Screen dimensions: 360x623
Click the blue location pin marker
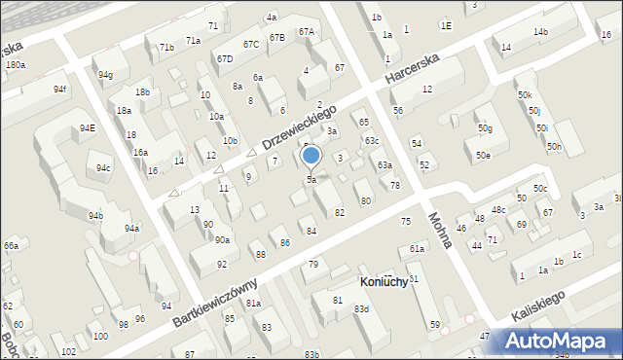click(x=311, y=156)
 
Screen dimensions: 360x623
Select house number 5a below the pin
click(x=311, y=180)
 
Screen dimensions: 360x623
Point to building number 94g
click(x=104, y=75)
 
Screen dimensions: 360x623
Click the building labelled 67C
click(x=251, y=44)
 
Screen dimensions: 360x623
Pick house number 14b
click(x=539, y=32)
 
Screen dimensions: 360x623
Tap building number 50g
click(x=485, y=129)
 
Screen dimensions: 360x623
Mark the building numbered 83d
click(x=361, y=309)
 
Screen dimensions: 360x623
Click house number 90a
click(x=223, y=240)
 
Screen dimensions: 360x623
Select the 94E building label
click(x=88, y=128)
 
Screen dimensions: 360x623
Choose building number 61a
click(x=417, y=249)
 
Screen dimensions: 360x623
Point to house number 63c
click(x=372, y=141)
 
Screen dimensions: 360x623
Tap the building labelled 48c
click(x=498, y=210)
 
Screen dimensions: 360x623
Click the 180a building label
click(x=15, y=64)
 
